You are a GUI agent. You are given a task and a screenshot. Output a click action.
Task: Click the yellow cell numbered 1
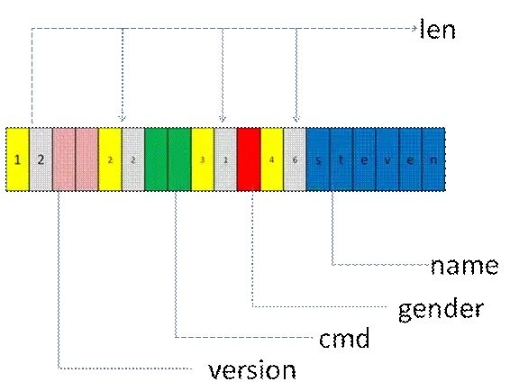17,159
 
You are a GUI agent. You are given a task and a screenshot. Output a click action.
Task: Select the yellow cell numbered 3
203,159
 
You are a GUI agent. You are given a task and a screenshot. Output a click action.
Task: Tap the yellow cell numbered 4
272,159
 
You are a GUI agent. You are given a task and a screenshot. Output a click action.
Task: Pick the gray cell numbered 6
295,159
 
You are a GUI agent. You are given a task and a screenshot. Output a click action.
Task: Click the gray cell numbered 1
226,159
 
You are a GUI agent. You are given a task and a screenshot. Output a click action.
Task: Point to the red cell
249,159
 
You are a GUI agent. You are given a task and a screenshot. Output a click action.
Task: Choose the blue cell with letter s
318,159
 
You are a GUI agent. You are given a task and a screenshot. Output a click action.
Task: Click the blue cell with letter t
341,159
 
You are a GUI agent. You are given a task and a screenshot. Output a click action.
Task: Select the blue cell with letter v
387,159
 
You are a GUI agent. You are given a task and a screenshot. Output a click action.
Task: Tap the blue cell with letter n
433,159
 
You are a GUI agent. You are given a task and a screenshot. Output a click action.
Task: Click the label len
438,29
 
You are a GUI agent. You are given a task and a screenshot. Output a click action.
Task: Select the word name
464,266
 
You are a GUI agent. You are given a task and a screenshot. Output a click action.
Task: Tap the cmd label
344,338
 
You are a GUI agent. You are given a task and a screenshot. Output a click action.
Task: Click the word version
252,369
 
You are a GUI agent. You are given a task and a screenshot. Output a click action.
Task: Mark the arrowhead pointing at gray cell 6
296,118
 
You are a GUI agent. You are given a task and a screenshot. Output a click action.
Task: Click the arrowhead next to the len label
414,28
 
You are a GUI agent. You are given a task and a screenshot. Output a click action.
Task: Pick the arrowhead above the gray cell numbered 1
223,118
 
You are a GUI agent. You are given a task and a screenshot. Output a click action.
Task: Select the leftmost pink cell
64,159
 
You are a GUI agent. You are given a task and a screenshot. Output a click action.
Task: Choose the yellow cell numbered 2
110,159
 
